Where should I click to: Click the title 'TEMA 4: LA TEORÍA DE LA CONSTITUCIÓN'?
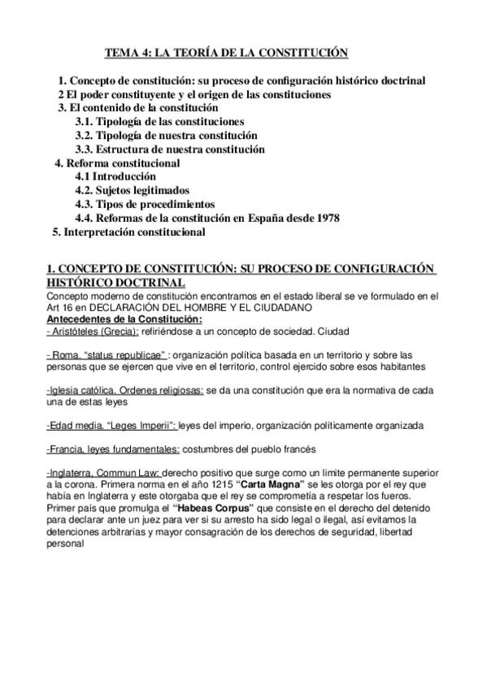[x=226, y=53]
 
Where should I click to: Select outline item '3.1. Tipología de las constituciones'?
[x=159, y=121]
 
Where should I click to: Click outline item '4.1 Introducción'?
[x=115, y=176]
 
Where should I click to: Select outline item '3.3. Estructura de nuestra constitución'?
[x=170, y=149]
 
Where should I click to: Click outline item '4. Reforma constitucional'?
[x=117, y=162]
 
